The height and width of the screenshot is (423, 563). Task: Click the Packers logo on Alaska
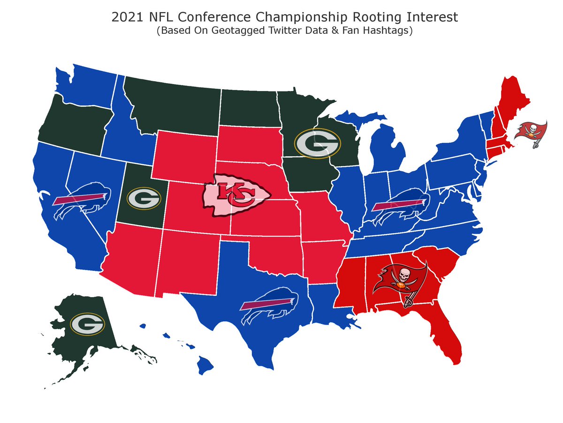(87, 324)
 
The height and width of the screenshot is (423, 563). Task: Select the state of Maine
(511, 103)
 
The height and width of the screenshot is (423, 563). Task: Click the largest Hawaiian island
(205, 364)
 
